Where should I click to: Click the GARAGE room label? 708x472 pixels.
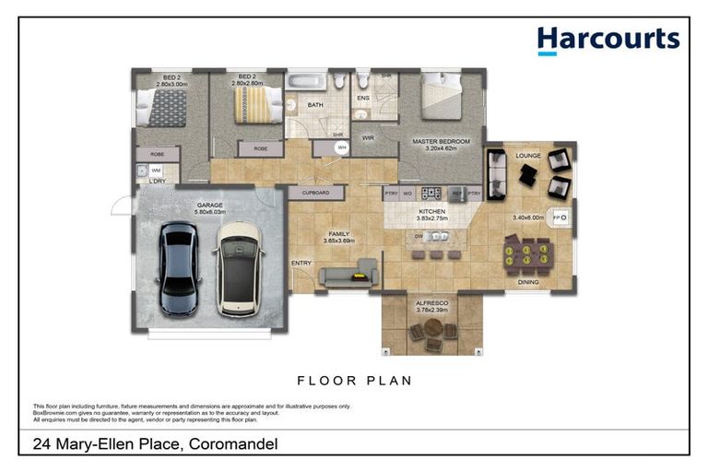click(x=210, y=205)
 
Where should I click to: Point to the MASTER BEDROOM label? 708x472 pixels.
click(x=441, y=141)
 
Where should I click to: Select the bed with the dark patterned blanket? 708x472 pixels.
click(x=167, y=107)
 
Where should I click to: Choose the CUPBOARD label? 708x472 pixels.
click(x=315, y=194)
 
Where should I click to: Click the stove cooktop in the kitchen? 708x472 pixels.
click(x=431, y=193)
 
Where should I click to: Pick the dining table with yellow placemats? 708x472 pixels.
click(x=527, y=255)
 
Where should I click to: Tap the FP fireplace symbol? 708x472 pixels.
click(x=560, y=218)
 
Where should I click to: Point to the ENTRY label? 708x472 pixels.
click(x=301, y=264)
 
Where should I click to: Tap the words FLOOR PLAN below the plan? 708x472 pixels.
click(x=354, y=380)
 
